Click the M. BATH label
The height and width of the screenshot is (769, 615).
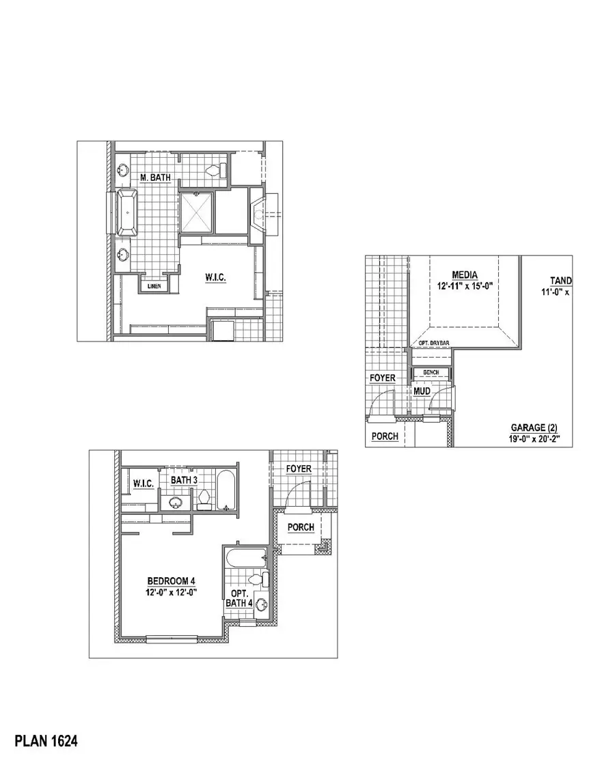(x=155, y=177)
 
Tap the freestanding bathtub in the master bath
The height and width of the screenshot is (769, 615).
(x=128, y=212)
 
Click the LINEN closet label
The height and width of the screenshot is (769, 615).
(x=154, y=286)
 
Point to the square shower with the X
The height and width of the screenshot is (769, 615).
(x=196, y=212)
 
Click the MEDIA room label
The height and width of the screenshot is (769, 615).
(x=465, y=275)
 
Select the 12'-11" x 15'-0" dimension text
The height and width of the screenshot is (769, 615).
(x=465, y=286)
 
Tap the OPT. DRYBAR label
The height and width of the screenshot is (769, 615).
(x=434, y=343)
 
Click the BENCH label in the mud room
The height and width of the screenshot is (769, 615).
(x=431, y=373)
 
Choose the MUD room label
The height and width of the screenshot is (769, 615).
(x=422, y=391)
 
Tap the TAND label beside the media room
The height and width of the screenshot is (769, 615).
(x=561, y=281)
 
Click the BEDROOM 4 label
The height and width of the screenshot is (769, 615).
(x=172, y=581)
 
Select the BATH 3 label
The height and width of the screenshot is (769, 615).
(x=184, y=480)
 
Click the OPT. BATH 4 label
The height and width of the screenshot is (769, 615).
(x=240, y=598)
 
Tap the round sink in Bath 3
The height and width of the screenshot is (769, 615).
(x=175, y=502)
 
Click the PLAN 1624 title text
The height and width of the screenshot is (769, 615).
(x=46, y=740)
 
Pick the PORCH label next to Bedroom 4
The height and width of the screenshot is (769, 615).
(x=301, y=527)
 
